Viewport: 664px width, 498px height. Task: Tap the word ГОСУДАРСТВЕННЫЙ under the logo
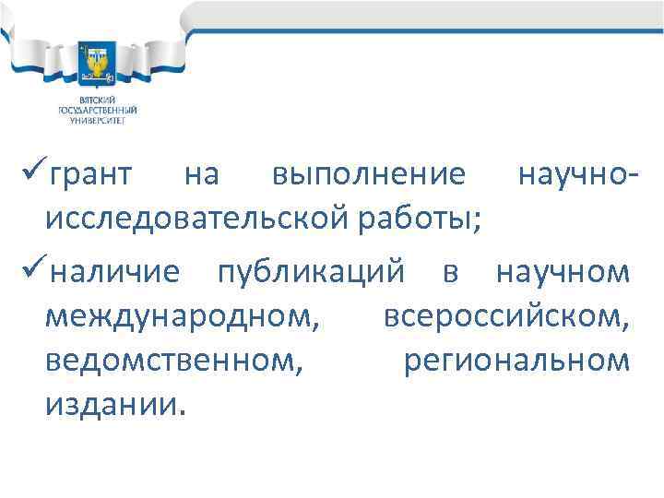pos(97,110)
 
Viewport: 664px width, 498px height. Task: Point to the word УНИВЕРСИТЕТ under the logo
pos(97,119)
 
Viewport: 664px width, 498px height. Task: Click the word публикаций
pos(311,273)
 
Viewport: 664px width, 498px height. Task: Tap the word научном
pos(563,273)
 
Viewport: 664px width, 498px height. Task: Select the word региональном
pos(517,361)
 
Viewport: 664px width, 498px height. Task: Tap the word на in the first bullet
pos(202,175)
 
